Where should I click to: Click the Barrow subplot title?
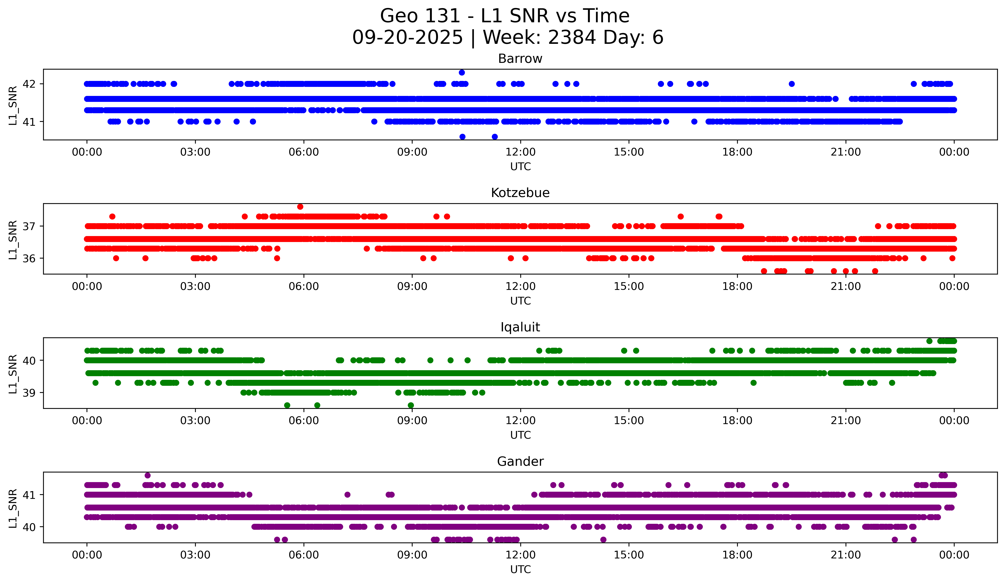520,59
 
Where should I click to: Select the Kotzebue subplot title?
520,193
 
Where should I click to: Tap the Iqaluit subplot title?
520,327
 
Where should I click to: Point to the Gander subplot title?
520,462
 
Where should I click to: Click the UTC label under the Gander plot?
520,570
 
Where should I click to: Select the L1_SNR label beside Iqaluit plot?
13,374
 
